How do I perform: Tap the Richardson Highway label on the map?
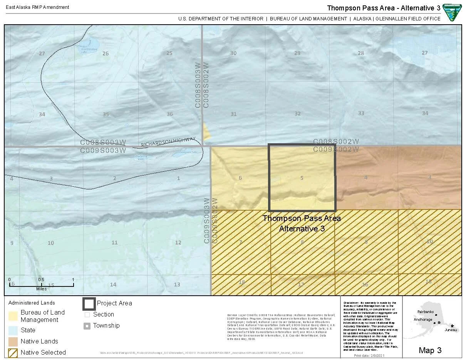168,142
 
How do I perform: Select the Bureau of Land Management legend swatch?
13,316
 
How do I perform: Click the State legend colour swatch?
13,330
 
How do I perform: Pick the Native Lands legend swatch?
13,341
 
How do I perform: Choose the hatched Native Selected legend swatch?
13,352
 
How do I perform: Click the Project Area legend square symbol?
89,303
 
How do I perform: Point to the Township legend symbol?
87,326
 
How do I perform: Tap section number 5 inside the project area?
302,178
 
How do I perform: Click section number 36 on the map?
170,114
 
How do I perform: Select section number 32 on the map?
297,114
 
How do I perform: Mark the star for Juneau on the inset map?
452,326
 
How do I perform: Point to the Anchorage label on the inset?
423,320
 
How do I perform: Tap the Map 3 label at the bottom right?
430,350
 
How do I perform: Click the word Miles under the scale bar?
41,289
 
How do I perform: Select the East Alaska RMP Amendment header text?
37,7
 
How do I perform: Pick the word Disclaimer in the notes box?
351,303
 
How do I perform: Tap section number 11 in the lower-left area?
114,243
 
